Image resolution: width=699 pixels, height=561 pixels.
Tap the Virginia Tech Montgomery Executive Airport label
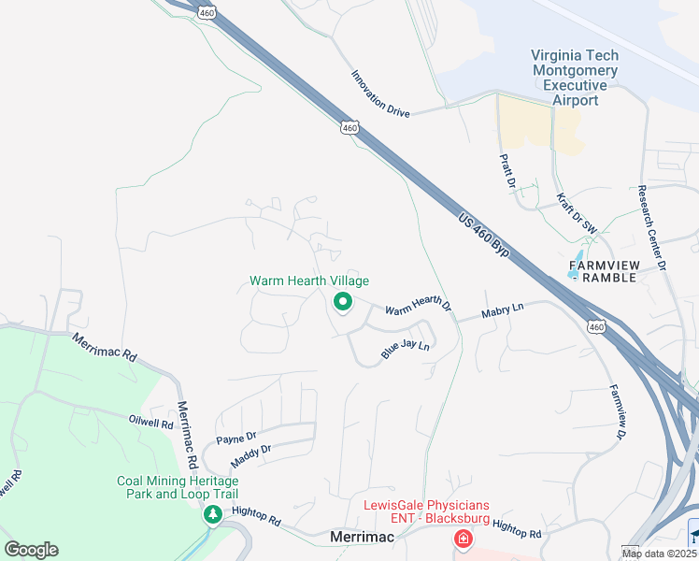coord(575,78)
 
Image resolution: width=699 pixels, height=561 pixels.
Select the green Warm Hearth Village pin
coord(343,302)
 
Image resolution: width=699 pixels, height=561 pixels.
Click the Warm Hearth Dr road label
coord(418,306)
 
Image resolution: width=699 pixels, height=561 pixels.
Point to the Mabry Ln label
coord(503,314)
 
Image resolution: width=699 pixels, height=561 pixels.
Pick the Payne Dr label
coord(235,438)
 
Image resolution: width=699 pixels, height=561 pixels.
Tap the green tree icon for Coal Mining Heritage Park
coord(213,514)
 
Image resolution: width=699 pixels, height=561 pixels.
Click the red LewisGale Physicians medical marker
coord(462,539)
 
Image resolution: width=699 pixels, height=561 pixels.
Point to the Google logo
coord(32,550)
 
